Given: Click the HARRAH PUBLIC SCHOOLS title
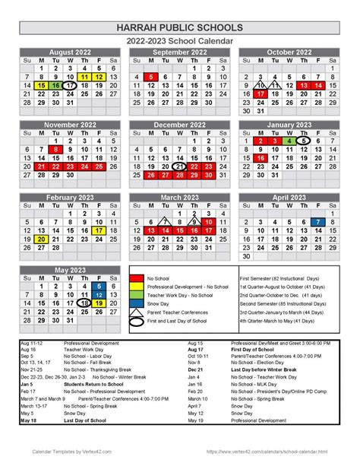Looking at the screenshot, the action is [x=180, y=27].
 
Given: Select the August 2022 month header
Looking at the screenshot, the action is [x=70, y=52].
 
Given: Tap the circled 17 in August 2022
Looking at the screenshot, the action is [x=70, y=86].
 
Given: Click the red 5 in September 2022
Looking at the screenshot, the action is [x=152, y=77].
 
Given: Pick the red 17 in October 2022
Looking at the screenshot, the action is [x=261, y=94].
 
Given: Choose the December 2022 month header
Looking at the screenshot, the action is [x=179, y=125].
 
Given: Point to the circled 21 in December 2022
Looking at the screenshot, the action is [x=179, y=166].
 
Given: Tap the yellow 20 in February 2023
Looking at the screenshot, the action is [x=42, y=239].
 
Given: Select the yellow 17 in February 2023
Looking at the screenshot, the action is [x=99, y=230].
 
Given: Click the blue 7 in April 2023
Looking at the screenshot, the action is [x=317, y=221].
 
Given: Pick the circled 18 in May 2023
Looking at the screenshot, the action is [x=84, y=303].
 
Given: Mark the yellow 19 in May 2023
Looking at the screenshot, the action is [x=99, y=303].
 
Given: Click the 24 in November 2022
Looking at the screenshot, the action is [x=84, y=166].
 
